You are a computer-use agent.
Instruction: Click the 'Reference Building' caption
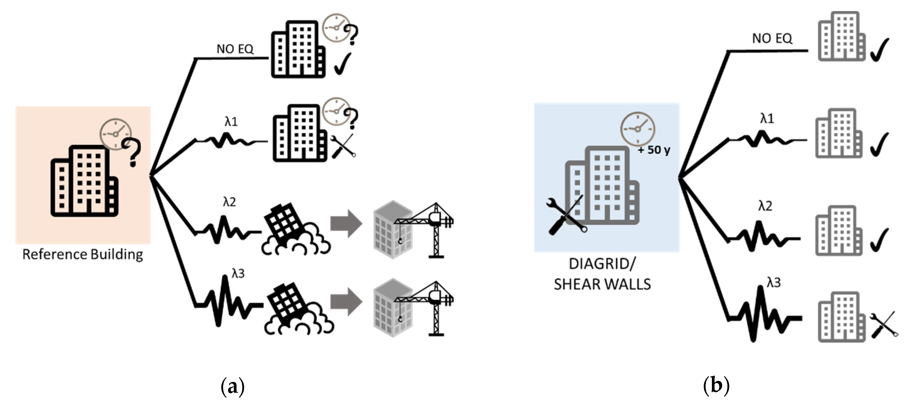coord(82,254)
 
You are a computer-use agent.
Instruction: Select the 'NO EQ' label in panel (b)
coord(772,38)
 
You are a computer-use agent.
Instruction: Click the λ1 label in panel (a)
coord(231,122)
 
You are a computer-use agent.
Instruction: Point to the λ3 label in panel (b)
coord(774,282)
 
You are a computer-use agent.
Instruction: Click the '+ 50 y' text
coord(654,150)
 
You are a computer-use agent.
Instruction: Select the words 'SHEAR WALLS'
coord(602,284)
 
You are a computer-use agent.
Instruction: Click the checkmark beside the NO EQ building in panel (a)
coord(343,64)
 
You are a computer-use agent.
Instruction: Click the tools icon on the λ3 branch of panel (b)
coord(884,324)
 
